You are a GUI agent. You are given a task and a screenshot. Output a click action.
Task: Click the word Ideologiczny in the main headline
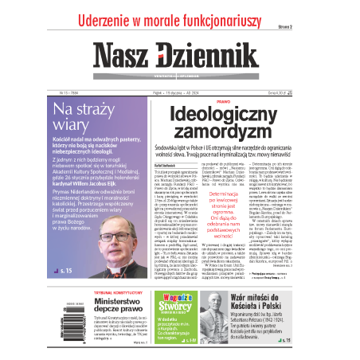[x=222, y=114]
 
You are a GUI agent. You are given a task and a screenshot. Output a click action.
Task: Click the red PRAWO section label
[x=222, y=101]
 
